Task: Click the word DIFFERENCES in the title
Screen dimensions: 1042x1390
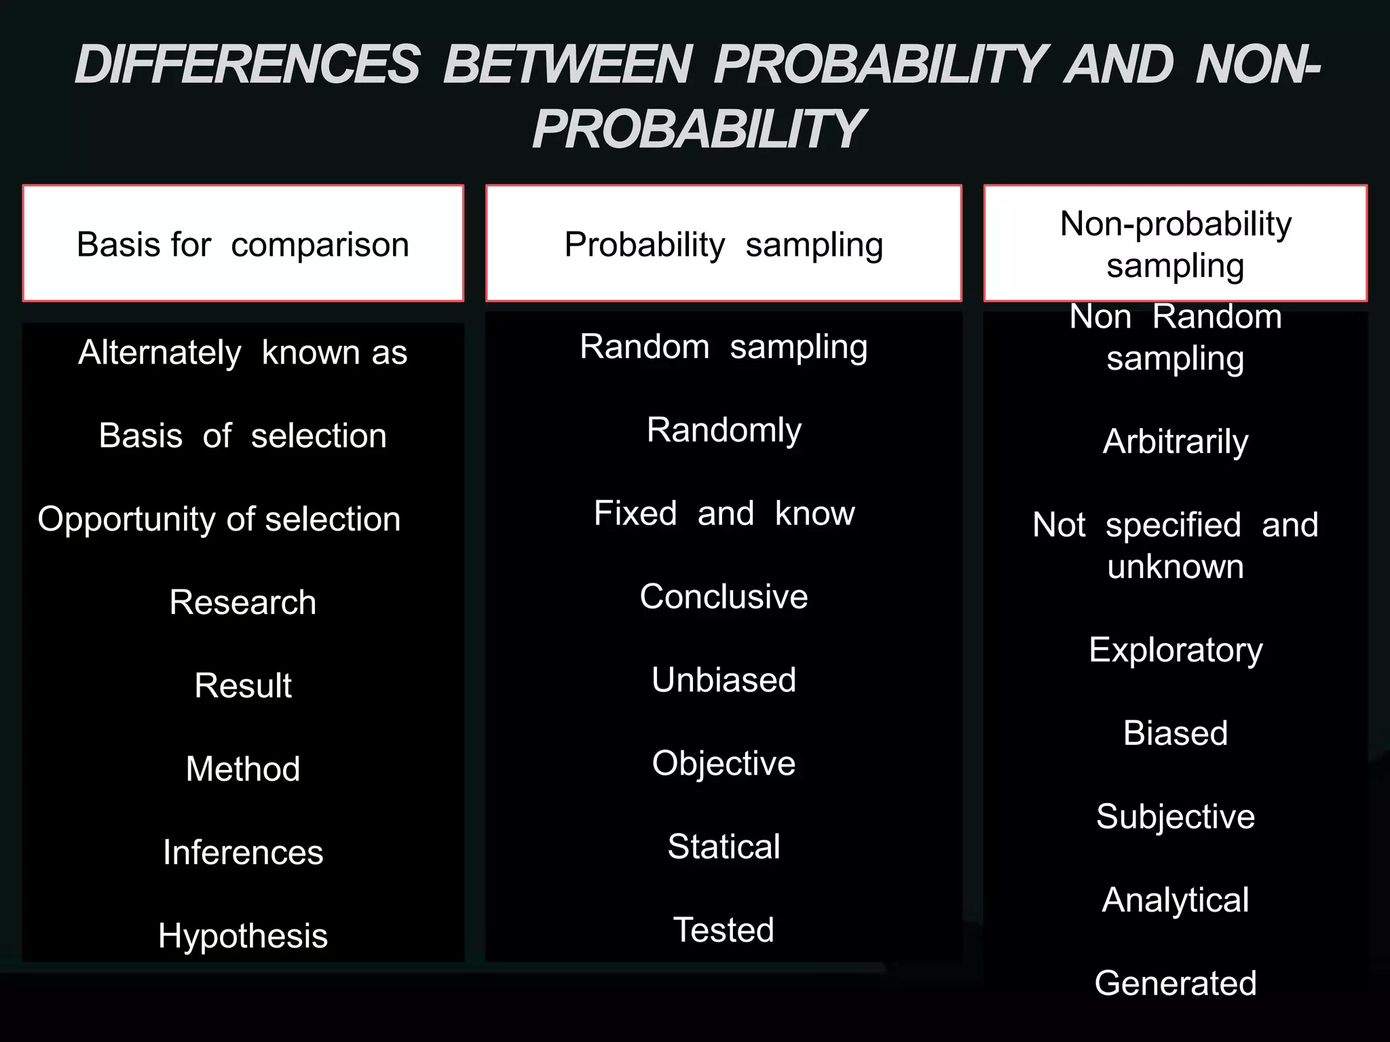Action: pyautogui.click(x=247, y=65)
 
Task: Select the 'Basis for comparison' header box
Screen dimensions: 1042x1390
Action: pyautogui.click(x=243, y=244)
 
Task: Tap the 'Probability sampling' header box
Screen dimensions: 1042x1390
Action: pyautogui.click(x=724, y=244)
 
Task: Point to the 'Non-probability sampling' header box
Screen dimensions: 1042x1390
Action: pyautogui.click(x=1176, y=244)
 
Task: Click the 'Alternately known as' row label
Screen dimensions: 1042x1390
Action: pyautogui.click(x=243, y=353)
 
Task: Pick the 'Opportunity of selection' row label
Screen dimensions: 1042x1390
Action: pyautogui.click(x=219, y=520)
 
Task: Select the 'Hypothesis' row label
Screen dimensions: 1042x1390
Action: pyautogui.click(x=243, y=936)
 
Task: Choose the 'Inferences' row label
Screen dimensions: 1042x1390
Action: pyautogui.click(x=243, y=853)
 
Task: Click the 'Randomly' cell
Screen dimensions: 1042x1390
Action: pyautogui.click(x=724, y=430)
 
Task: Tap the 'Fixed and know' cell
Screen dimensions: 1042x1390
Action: pyautogui.click(x=724, y=514)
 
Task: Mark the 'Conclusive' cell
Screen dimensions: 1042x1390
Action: pyautogui.click(x=724, y=597)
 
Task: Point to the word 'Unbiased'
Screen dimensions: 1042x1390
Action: pyautogui.click(x=724, y=680)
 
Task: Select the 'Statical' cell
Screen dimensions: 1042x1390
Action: pyautogui.click(x=724, y=847)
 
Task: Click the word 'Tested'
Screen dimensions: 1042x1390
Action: pyautogui.click(x=724, y=930)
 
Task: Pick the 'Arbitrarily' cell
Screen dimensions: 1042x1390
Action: pyautogui.click(x=1176, y=442)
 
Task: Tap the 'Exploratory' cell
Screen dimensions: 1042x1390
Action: pyautogui.click(x=1176, y=650)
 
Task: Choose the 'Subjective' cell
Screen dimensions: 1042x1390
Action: pyautogui.click(x=1176, y=817)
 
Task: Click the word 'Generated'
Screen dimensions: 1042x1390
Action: pyautogui.click(x=1176, y=984)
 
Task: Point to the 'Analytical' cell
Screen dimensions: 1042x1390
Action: pyautogui.click(x=1176, y=900)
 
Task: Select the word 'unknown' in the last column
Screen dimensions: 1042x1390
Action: pyautogui.click(x=1176, y=566)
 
